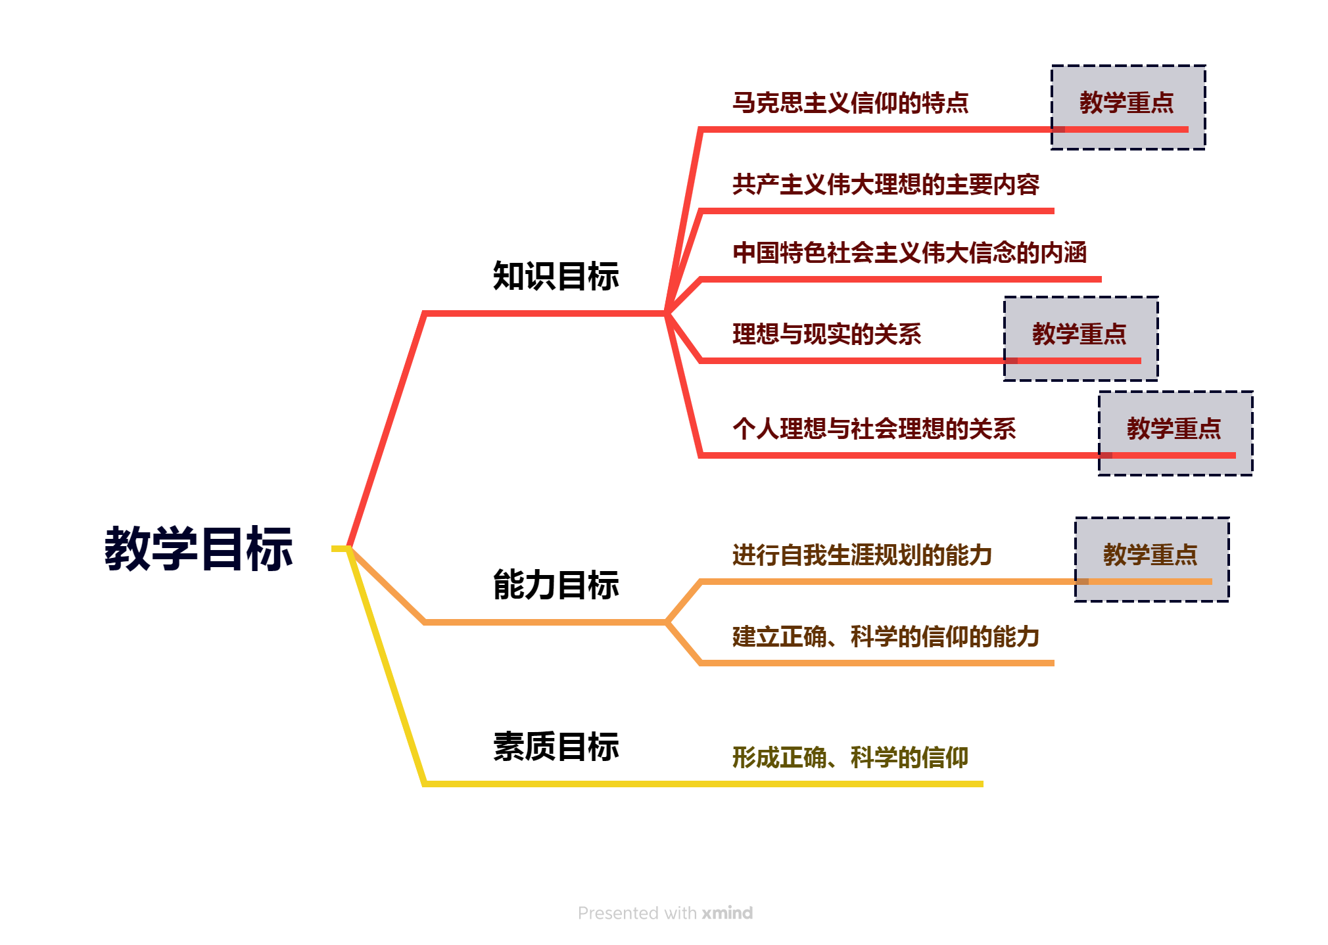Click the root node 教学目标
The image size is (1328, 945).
point(199,549)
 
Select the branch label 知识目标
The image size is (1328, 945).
point(556,276)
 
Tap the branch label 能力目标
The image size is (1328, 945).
point(556,585)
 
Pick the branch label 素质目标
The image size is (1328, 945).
point(556,747)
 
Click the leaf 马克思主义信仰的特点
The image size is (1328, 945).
point(851,103)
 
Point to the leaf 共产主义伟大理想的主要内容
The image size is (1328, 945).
point(886,184)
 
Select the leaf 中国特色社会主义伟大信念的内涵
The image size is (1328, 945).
point(910,252)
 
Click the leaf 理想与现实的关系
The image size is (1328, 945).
point(827,334)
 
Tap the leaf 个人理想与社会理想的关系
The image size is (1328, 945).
point(874,428)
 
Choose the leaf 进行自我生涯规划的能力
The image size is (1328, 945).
point(863,555)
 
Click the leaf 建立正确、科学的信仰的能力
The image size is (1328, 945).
point(886,636)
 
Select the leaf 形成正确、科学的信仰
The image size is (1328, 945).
point(851,757)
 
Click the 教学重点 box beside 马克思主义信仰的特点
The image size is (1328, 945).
point(1128,107)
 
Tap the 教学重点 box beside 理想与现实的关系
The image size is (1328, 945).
point(1081,338)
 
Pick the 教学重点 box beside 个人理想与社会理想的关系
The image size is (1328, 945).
point(1175,433)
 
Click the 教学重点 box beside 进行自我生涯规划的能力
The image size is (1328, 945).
point(1152,559)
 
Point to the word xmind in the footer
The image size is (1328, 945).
point(727,913)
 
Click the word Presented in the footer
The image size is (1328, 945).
point(619,913)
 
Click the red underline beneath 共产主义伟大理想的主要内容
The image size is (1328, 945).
point(877,211)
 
